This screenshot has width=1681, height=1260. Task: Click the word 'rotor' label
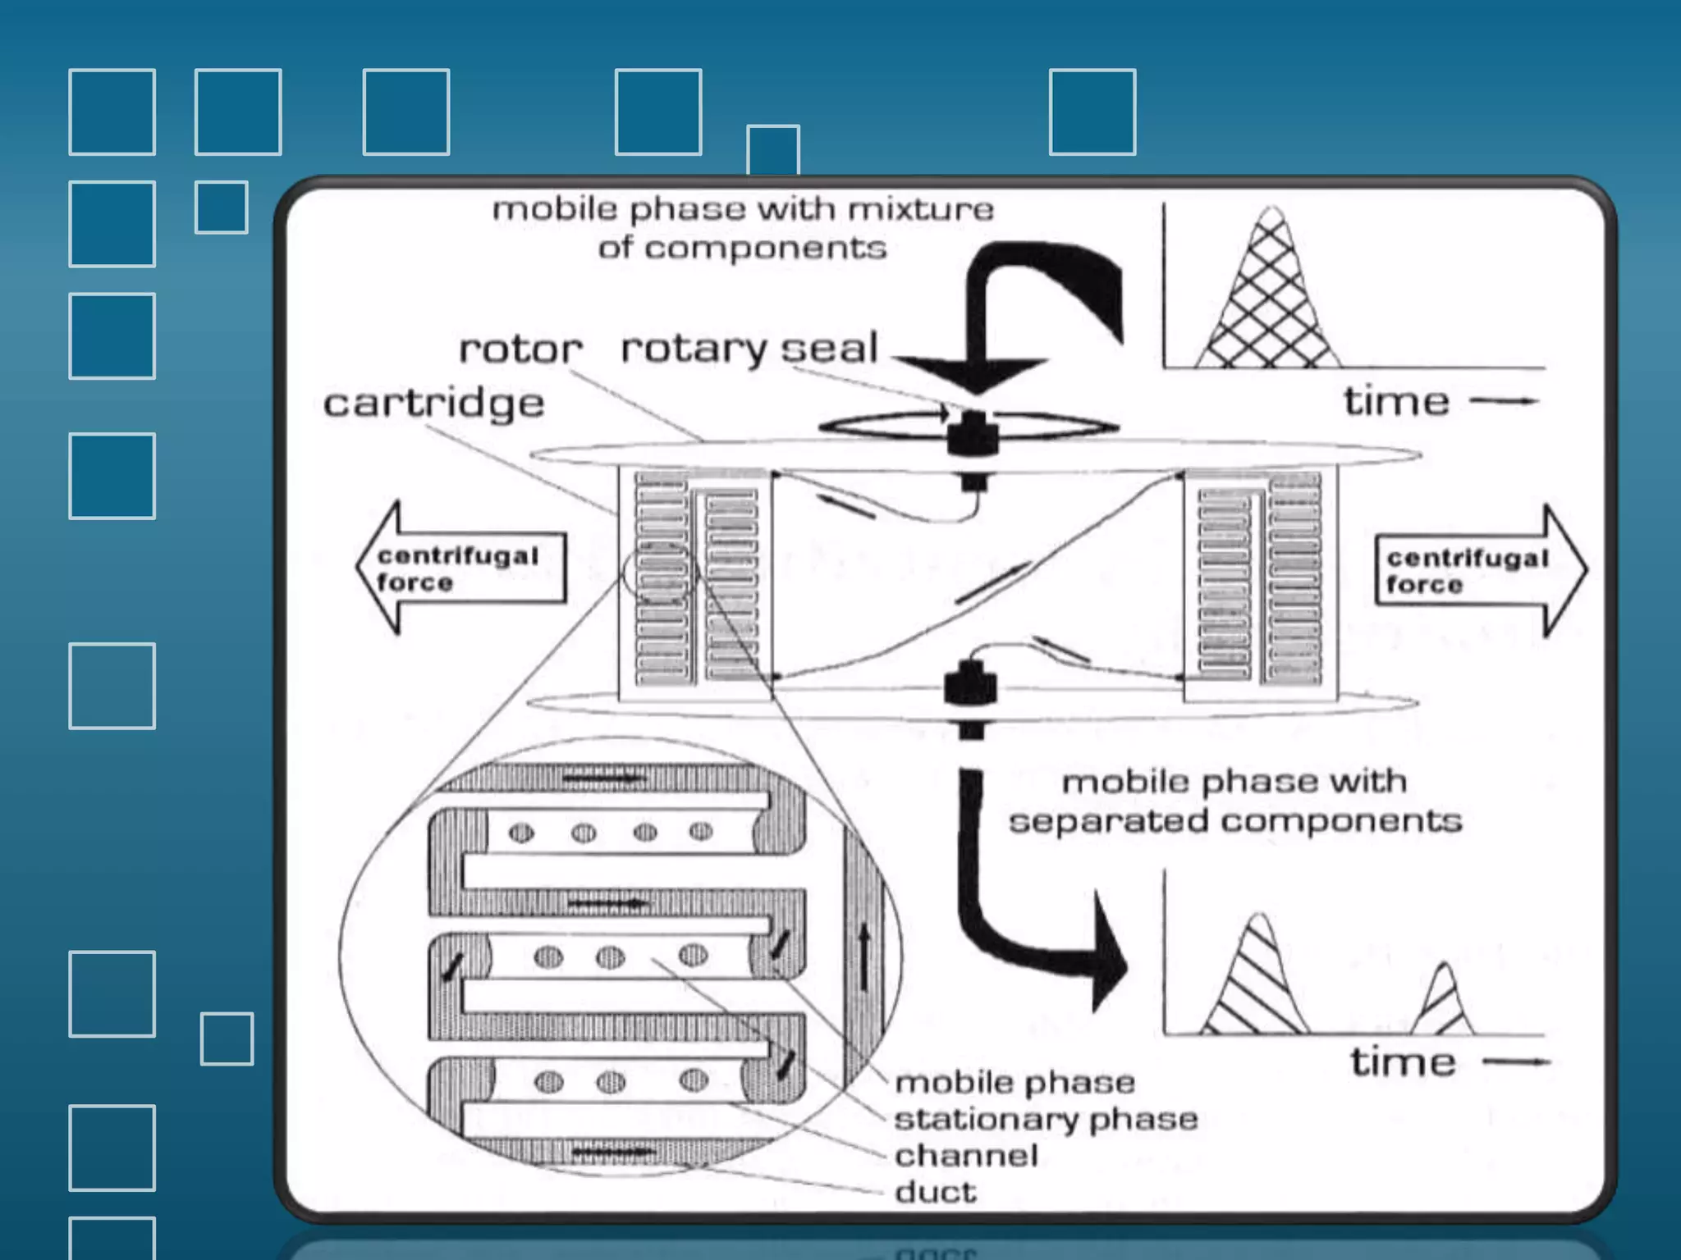click(520, 349)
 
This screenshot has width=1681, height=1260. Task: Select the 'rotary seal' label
click(749, 348)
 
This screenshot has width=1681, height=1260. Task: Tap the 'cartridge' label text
click(433, 403)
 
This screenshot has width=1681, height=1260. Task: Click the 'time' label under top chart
click(1396, 402)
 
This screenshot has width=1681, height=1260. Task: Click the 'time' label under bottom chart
click(1403, 1062)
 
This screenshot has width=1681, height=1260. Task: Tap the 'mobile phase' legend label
click(1015, 1083)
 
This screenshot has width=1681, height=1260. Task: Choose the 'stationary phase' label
click(1046, 1119)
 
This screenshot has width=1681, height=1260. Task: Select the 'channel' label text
click(966, 1156)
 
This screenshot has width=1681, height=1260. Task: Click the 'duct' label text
click(936, 1192)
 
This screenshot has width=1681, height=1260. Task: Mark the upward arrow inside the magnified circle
click(863, 956)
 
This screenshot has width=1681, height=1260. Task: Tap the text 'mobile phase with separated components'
click(1234, 801)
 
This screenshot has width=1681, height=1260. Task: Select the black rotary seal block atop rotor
click(973, 434)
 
